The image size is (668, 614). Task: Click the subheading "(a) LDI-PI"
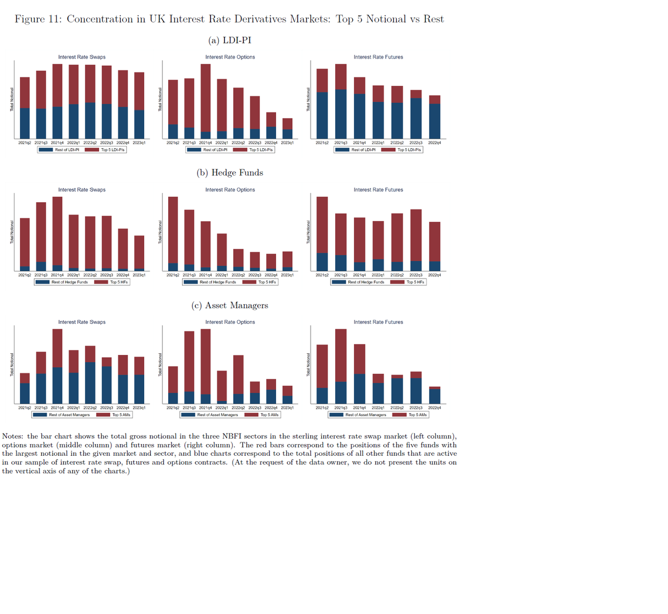(x=230, y=40)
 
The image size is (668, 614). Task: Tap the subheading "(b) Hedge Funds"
(x=230, y=173)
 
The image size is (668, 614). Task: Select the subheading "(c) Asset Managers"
(x=230, y=305)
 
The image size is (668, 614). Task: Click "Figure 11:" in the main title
(x=37, y=20)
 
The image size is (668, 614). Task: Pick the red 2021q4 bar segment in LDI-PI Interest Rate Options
(x=205, y=98)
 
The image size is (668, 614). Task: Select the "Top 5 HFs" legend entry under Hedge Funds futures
(x=415, y=282)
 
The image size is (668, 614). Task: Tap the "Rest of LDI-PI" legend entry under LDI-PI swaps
(x=67, y=150)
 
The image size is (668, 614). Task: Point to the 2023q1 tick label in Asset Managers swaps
(x=139, y=408)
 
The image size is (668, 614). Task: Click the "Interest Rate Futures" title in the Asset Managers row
(x=379, y=322)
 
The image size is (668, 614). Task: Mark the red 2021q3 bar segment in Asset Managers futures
(x=341, y=355)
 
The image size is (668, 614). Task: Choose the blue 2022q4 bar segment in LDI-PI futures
(x=435, y=121)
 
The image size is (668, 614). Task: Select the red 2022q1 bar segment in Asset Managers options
(x=222, y=386)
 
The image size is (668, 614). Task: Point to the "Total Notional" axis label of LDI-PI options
(x=160, y=99)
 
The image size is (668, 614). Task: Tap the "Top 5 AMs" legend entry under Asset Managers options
(x=269, y=415)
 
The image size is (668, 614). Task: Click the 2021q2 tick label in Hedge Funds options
(x=173, y=275)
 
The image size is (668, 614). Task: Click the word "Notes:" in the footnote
(x=14, y=436)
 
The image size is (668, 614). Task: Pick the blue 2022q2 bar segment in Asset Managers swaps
(x=90, y=383)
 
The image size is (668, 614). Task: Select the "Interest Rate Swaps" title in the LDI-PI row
(x=82, y=57)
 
